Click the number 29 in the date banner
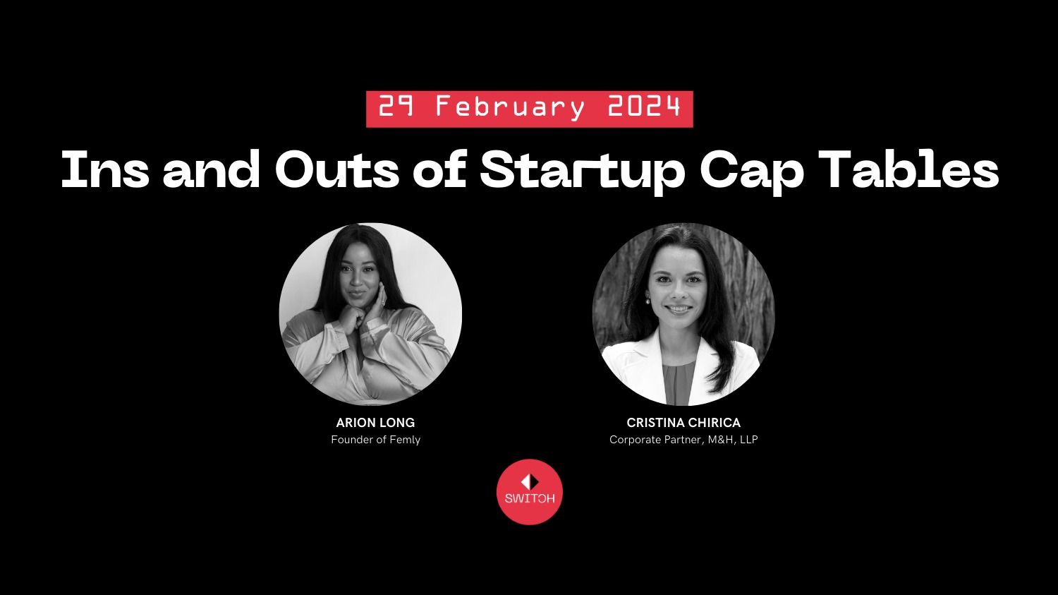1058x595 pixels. point(396,107)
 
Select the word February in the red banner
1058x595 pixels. point(510,108)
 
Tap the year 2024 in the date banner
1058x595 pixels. point(644,107)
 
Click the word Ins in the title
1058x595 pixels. point(105,169)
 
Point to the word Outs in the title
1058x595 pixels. point(337,169)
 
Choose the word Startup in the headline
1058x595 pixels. point(583,172)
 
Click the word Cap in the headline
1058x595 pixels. point(751,172)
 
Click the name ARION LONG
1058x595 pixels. point(375,423)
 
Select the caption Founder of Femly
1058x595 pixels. point(375,440)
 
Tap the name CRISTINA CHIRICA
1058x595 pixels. point(683,423)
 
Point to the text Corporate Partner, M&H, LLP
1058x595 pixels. point(683,440)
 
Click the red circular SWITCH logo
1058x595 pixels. point(530,492)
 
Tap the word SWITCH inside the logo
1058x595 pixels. point(530,498)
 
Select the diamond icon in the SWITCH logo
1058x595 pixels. point(530,482)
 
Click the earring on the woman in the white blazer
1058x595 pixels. point(647,300)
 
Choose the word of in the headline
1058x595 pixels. point(440,169)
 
